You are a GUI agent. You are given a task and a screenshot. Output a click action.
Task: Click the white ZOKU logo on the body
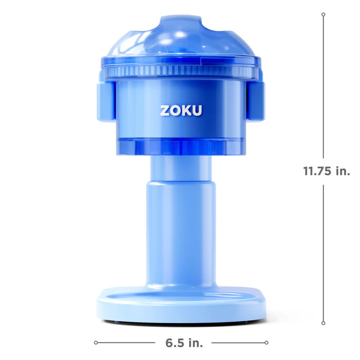[x=181, y=111]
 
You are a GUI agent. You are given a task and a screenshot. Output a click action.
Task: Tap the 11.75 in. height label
[x=327, y=171]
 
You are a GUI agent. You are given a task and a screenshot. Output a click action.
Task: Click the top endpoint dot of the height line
[x=323, y=15]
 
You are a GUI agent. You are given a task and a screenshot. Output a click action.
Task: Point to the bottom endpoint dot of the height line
[x=323, y=323]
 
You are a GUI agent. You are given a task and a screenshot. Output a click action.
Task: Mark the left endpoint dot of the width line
[x=96, y=342]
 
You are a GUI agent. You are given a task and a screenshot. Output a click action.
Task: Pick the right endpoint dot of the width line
[x=266, y=342]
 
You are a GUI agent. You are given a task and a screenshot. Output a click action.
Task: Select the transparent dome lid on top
[x=180, y=39]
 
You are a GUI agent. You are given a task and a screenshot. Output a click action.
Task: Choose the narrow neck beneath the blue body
[x=181, y=167]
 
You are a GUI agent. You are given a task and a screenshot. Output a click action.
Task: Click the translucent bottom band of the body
[x=180, y=147]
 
